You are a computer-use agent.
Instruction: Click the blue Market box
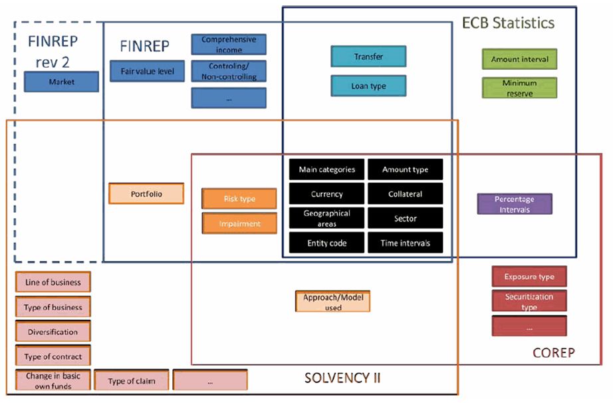point(61,82)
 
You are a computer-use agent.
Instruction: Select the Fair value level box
point(147,70)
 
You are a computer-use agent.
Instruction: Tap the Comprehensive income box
point(229,45)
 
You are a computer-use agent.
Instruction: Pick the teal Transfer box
point(368,57)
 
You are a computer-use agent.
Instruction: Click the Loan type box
point(368,86)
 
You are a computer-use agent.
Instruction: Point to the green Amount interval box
point(519,59)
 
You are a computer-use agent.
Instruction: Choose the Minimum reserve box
point(519,88)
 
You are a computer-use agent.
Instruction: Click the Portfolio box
point(146,194)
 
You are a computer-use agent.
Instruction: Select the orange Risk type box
point(239,199)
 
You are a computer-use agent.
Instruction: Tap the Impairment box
point(239,224)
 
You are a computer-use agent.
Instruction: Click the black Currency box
point(326,194)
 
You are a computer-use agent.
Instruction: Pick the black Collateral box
point(405,194)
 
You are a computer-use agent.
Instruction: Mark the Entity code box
point(326,243)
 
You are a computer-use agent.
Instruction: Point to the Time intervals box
point(405,243)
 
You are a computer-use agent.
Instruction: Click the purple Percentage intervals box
point(515,203)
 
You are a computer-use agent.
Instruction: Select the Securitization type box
point(529,301)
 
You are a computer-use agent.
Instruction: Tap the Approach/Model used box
point(332,302)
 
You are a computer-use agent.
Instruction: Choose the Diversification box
point(53,332)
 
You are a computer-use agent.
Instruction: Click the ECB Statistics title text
point(508,23)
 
